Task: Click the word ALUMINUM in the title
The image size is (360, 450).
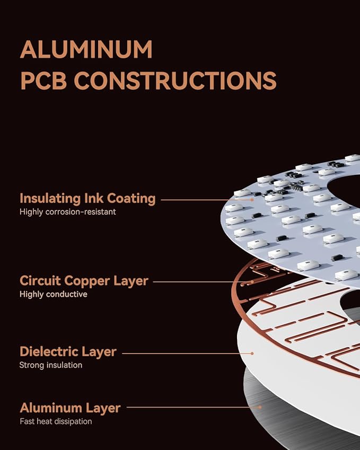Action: [86, 49]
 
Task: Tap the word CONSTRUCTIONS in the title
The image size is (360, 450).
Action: [175, 81]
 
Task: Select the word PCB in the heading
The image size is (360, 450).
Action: [43, 81]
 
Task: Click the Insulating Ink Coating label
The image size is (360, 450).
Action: [87, 199]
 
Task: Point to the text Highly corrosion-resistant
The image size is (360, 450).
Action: [68, 212]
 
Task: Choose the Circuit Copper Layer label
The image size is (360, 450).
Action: [84, 281]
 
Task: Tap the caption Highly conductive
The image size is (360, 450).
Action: [54, 294]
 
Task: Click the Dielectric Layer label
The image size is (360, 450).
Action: [68, 352]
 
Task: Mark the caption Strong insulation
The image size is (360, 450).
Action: [51, 365]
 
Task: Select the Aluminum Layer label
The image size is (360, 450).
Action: [71, 408]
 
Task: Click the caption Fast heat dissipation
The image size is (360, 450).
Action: [56, 421]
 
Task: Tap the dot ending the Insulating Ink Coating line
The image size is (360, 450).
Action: [252, 200]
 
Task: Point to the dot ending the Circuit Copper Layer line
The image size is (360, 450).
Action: [252, 282]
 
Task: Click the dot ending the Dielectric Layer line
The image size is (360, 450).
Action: [252, 354]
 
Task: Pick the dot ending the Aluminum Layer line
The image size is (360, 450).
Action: [260, 407]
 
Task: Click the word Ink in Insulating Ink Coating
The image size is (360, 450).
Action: [94, 198]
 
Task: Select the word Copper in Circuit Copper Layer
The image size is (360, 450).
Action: [87, 281]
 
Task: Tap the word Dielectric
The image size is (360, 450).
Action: [49, 351]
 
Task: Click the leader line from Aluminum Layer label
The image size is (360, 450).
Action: [193, 407]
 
